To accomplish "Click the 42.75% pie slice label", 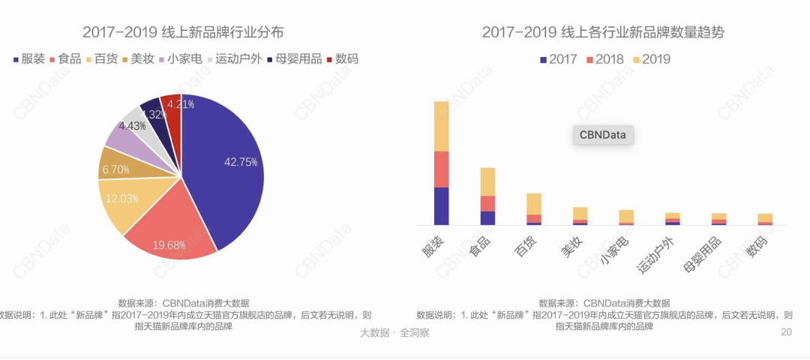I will click(x=241, y=161).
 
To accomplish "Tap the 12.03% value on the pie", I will click(x=121, y=198).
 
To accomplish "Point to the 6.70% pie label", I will click(x=115, y=169).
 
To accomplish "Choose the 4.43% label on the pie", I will click(x=132, y=126).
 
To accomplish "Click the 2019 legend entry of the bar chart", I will click(x=652, y=58).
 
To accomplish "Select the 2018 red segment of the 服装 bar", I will click(x=441, y=169).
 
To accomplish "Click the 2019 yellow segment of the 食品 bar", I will click(x=487, y=181).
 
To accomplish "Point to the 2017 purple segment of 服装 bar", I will click(x=441, y=206).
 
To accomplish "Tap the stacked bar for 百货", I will click(x=534, y=209).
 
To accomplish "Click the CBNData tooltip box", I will click(x=604, y=135).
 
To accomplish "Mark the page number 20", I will click(x=786, y=332).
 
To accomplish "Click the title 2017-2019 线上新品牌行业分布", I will click(x=183, y=32).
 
